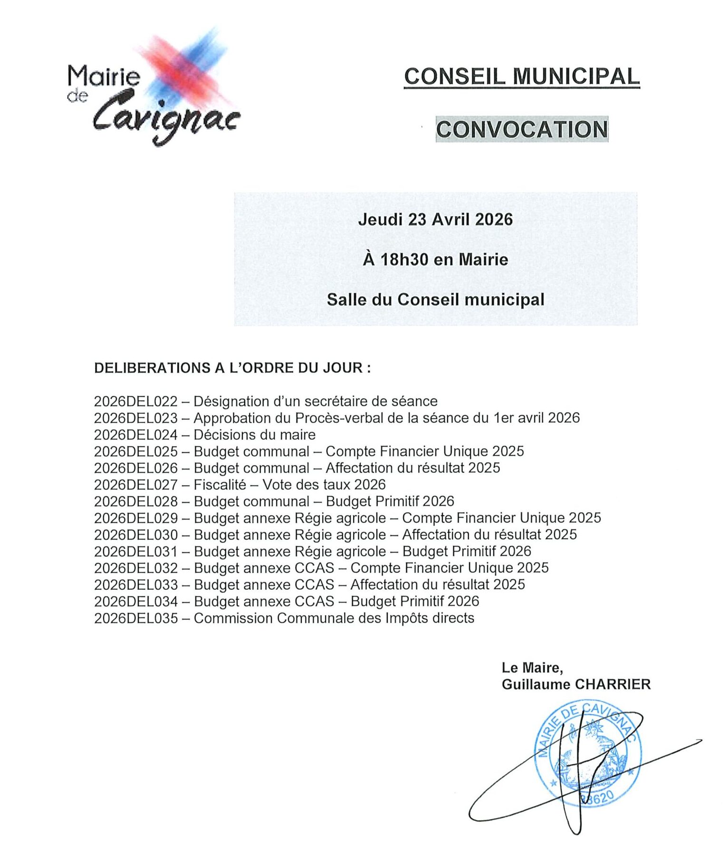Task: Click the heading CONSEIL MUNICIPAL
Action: tap(521, 77)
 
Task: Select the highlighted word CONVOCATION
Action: tap(522, 129)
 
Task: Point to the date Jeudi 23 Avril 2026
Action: tap(435, 220)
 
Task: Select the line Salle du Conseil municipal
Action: tap(435, 300)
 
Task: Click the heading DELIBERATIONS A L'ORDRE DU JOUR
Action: tap(232, 368)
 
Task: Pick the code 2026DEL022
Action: tap(135, 402)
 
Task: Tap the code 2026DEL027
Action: tap(135, 485)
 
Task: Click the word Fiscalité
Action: tap(220, 485)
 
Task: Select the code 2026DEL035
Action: tap(135, 618)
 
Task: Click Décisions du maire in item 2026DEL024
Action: tap(255, 435)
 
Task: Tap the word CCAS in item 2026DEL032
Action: tap(315, 568)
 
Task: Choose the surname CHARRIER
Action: tap(613, 685)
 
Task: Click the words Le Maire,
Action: tap(532, 668)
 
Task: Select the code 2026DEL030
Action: tap(135, 535)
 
